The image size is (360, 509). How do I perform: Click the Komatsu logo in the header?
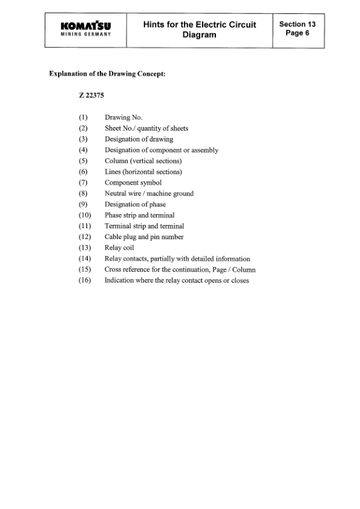(85, 25)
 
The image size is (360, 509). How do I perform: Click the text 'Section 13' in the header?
(297, 24)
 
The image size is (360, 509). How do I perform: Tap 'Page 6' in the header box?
(297, 33)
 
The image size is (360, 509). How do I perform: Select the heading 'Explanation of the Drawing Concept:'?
(107, 74)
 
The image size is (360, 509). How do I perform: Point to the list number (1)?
(83, 117)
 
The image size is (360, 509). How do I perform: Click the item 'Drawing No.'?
(123, 117)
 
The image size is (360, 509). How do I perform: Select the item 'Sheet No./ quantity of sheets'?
(146, 128)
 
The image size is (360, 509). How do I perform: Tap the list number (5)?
(83, 161)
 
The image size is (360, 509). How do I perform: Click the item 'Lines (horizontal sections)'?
(143, 172)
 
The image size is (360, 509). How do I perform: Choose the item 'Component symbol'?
(133, 183)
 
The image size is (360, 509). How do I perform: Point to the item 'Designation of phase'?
(135, 205)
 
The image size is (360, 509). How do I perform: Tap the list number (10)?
(84, 215)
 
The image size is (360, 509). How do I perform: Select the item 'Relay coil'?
(119, 248)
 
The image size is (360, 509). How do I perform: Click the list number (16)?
(84, 281)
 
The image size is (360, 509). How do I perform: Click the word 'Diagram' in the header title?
(200, 35)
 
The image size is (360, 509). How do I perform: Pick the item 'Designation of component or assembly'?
(162, 150)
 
